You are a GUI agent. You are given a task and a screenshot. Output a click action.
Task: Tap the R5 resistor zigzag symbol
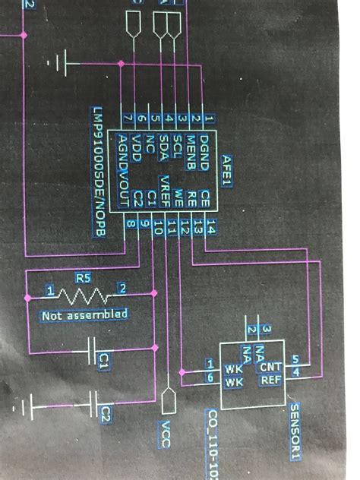[x=84, y=292]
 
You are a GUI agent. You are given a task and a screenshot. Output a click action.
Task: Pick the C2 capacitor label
[x=106, y=414]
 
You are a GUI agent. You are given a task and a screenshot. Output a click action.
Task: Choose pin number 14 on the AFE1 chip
[x=210, y=226]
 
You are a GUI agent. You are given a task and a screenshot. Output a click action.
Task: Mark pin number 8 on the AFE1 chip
[x=131, y=224]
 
